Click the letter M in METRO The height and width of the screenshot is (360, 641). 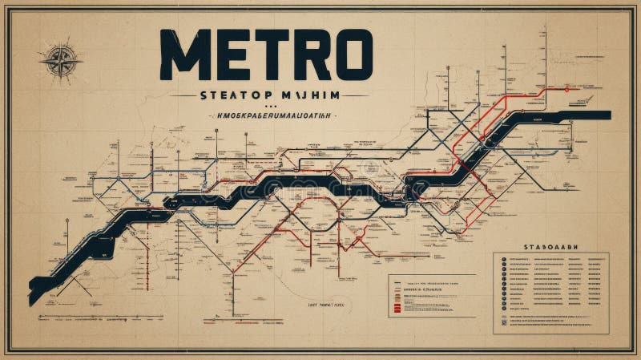tap(183, 55)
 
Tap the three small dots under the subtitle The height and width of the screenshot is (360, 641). tap(268, 105)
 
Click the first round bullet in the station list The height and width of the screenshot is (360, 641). tap(502, 261)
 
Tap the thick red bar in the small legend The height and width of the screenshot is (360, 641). tap(396, 305)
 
